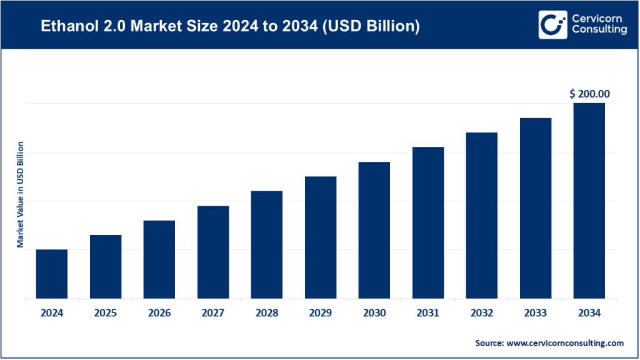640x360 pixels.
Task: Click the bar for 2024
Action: click(x=52, y=274)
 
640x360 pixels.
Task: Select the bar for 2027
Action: click(x=213, y=252)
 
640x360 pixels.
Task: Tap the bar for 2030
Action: click(x=374, y=230)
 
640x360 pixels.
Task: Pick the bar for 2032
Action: click(x=482, y=216)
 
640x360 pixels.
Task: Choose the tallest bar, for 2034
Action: click(x=589, y=201)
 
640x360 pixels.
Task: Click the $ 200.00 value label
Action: click(x=589, y=94)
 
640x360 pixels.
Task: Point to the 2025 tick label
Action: click(x=106, y=313)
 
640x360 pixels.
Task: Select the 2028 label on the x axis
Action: click(x=267, y=313)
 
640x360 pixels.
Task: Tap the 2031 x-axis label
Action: click(x=428, y=313)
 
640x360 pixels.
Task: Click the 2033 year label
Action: click(x=536, y=313)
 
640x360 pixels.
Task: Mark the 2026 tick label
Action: click(x=159, y=313)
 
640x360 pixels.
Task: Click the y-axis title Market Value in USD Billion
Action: click(x=20, y=194)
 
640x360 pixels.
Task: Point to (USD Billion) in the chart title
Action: click(x=377, y=27)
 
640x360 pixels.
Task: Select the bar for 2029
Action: click(x=321, y=237)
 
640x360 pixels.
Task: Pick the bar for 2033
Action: click(x=536, y=208)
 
